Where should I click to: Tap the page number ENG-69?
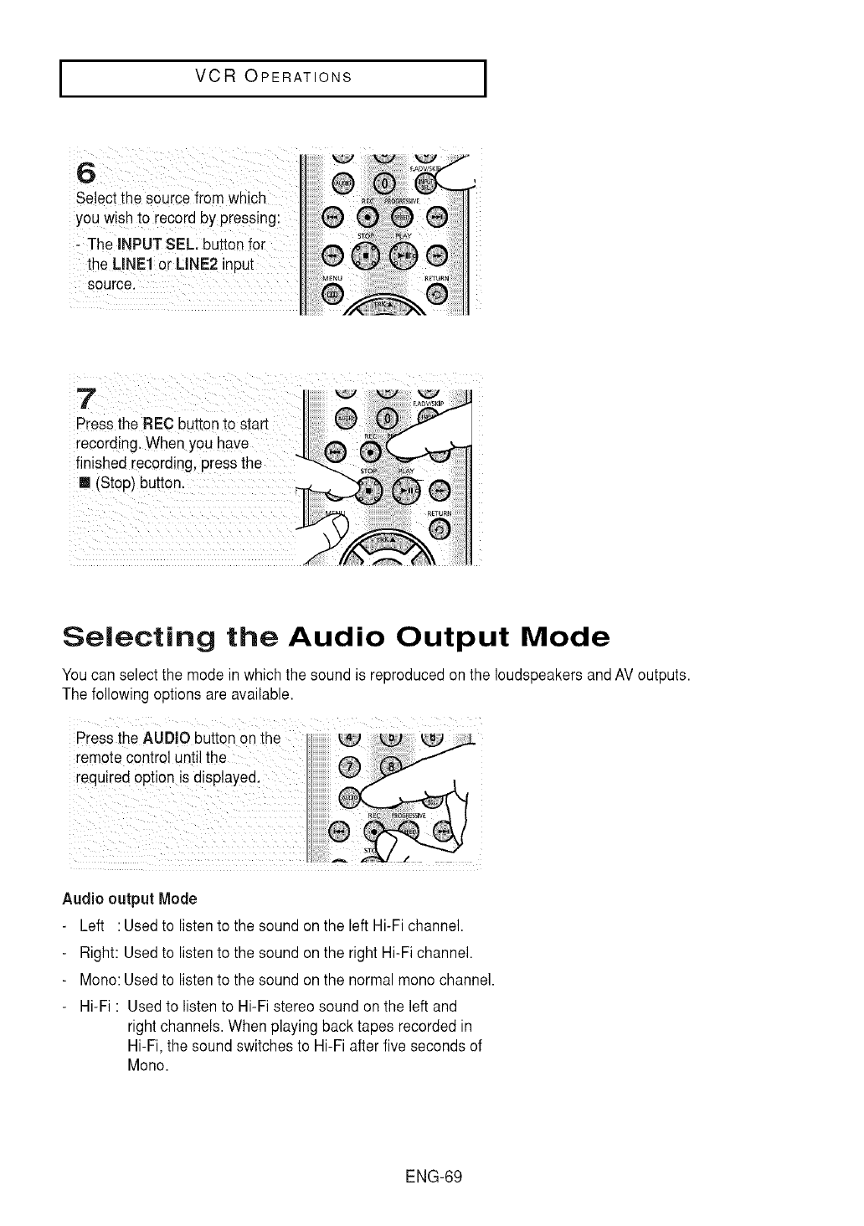pyautogui.click(x=433, y=1176)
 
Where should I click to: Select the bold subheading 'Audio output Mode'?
pyautogui.click(x=129, y=899)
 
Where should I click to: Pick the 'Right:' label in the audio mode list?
pyautogui.click(x=100, y=952)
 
